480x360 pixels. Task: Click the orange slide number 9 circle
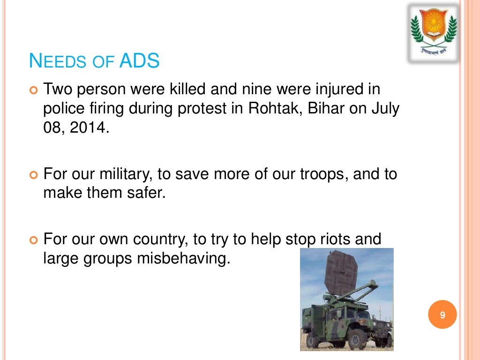point(442,315)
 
